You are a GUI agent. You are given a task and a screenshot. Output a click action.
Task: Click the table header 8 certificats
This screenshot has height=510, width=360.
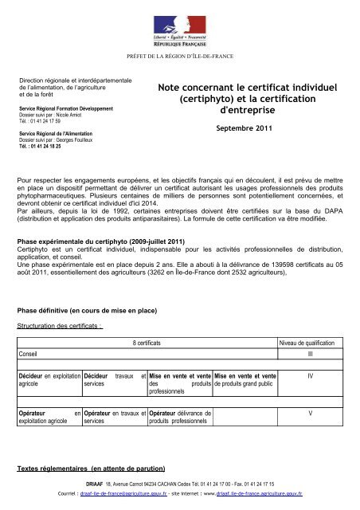[172, 343]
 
